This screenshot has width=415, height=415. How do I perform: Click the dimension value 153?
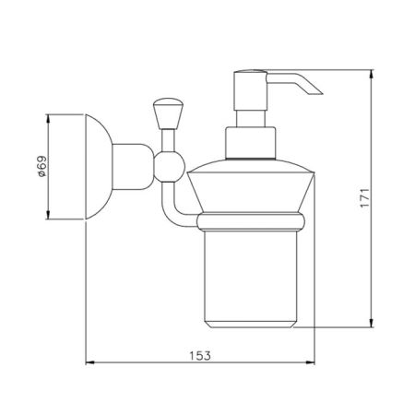point(200,356)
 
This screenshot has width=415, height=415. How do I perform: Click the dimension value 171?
point(365,198)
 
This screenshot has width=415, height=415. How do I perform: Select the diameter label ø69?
point(41,166)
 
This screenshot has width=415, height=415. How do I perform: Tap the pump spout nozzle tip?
point(320,93)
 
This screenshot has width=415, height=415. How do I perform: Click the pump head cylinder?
point(250,90)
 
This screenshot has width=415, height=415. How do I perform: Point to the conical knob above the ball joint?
point(168,113)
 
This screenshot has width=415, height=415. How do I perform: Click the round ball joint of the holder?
point(169,167)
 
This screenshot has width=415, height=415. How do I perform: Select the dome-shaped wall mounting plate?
point(99,167)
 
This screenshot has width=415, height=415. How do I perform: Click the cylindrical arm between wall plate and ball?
point(133,167)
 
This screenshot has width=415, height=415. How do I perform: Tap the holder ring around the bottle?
point(251,221)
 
